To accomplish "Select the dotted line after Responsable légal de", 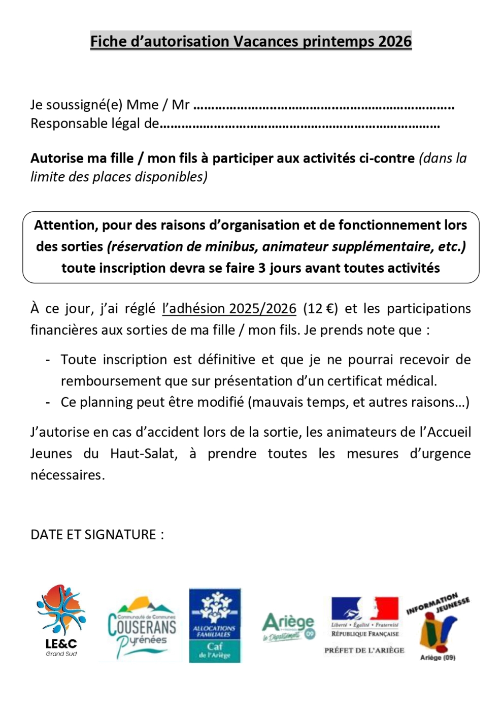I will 299,124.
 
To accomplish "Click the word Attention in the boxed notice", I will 65,225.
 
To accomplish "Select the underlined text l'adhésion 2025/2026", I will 229,309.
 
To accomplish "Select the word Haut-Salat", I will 144,454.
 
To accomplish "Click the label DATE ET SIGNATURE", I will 97,535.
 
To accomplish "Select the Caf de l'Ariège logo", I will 215,626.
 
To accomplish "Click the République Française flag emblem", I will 364,608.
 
